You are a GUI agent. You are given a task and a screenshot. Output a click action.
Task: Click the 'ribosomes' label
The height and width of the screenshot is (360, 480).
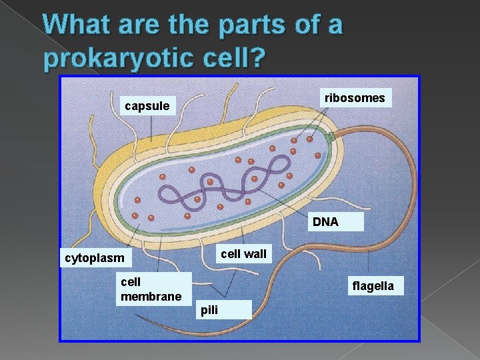click(x=354, y=98)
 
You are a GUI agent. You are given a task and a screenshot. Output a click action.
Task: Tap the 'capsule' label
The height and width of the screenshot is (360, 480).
click(x=147, y=106)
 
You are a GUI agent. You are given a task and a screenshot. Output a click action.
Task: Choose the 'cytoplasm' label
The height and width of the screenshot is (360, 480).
click(x=94, y=258)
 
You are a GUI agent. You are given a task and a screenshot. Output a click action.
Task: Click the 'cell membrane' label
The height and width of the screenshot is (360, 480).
click(x=151, y=289)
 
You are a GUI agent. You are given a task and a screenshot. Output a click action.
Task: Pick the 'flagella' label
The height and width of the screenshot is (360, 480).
click(x=373, y=286)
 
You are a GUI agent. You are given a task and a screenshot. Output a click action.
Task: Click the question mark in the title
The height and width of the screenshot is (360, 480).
click(x=257, y=59)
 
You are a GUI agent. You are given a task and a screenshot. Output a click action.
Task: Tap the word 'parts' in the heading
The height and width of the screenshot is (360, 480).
click(x=250, y=26)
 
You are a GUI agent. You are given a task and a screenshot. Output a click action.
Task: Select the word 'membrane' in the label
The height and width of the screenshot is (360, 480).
click(x=151, y=296)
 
